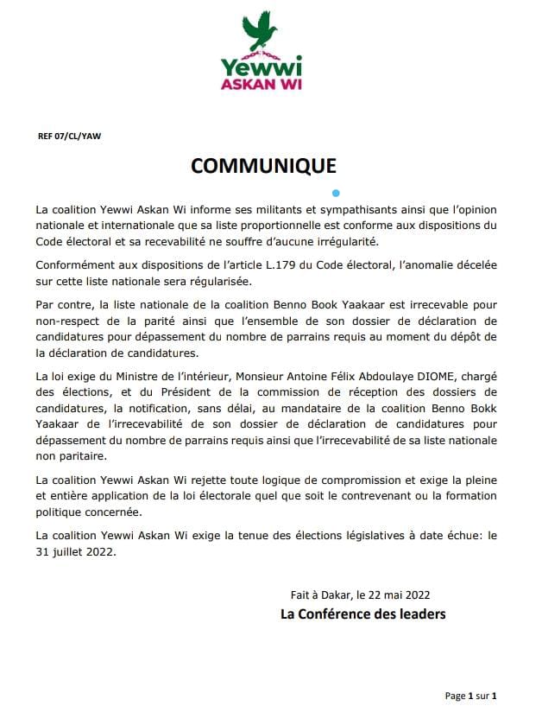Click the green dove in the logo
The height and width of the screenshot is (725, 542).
click(x=262, y=31)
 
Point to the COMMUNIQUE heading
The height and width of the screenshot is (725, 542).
click(x=263, y=166)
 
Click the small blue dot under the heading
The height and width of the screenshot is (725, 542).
click(x=337, y=193)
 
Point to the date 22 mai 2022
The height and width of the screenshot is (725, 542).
click(x=398, y=595)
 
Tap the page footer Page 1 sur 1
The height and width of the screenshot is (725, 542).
click(x=471, y=695)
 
